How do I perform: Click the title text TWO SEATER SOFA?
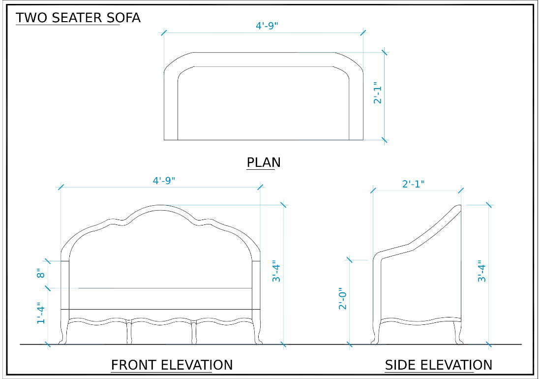pyautogui.click(x=78, y=18)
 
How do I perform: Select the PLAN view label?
pyautogui.click(x=264, y=162)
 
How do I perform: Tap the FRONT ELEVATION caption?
pyautogui.click(x=172, y=365)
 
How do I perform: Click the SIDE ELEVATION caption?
pyautogui.click(x=438, y=365)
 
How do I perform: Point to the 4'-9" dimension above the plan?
pyautogui.click(x=267, y=26)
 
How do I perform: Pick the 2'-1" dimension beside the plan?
pyautogui.click(x=378, y=93)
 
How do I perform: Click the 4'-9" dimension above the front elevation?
pyautogui.click(x=164, y=181)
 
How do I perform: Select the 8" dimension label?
pyautogui.click(x=41, y=274)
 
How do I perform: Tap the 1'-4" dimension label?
pyautogui.click(x=41, y=313)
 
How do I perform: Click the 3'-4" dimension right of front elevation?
pyautogui.click(x=277, y=271)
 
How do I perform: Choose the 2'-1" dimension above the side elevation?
pyautogui.click(x=413, y=184)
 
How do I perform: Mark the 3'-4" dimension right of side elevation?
pyautogui.click(x=482, y=271)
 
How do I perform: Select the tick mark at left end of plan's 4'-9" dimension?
pyautogui.click(x=164, y=33)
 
